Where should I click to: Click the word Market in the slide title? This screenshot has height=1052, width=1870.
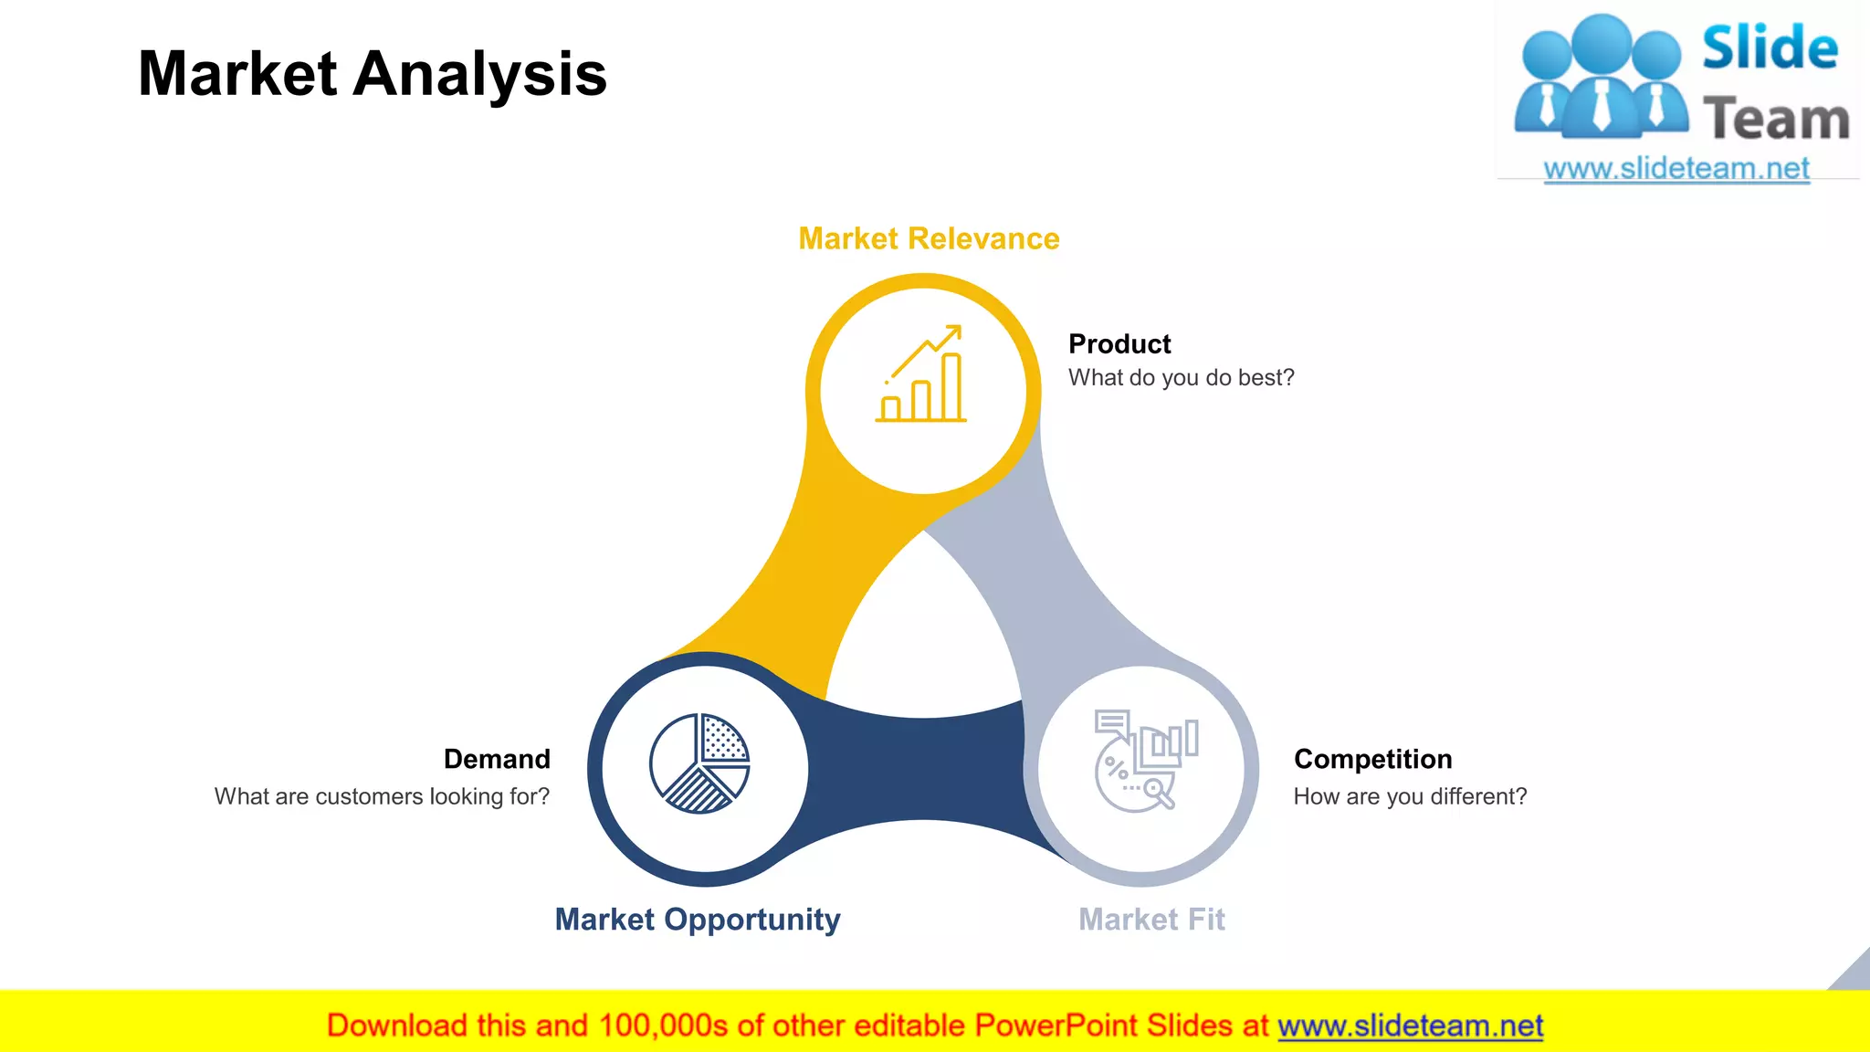tap(237, 74)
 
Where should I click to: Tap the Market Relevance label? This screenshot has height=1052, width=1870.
tap(929, 238)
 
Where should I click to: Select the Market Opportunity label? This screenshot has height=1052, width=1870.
tap(698, 919)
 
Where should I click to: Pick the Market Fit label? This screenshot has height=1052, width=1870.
tap(1151, 919)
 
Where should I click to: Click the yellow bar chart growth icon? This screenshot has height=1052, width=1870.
tap(922, 374)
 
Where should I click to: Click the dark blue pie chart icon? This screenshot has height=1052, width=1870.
tap(699, 763)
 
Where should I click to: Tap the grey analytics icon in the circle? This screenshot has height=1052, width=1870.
tap(1145, 761)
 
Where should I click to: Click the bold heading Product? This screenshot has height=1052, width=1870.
tap(1119, 344)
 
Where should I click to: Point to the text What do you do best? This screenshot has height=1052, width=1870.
tap(1182, 378)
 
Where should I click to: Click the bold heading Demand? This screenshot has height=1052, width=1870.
tap(497, 759)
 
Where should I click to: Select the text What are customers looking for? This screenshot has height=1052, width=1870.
tap(382, 796)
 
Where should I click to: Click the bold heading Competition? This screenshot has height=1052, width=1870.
tap(1372, 759)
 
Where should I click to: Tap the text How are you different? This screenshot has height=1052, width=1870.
tap(1410, 796)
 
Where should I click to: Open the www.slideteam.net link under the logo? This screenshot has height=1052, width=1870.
tap(1676, 169)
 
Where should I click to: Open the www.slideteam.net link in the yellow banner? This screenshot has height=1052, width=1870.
tap(1410, 1026)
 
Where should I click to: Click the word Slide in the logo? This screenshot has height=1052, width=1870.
tap(1770, 48)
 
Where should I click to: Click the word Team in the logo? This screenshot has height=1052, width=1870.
tap(1776, 120)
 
